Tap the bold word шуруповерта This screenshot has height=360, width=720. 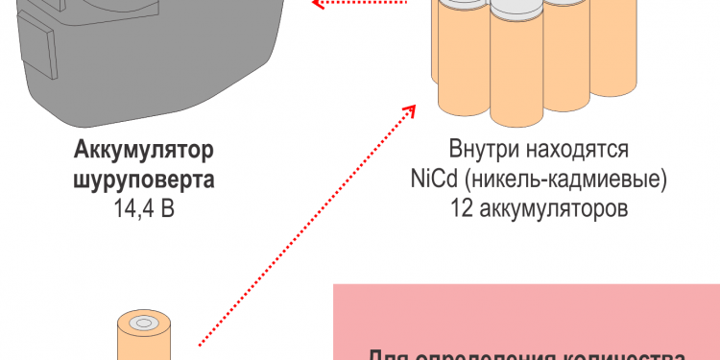[x=143, y=180]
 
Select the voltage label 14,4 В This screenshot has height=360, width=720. [x=143, y=207]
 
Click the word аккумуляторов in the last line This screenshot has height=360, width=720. [x=552, y=207]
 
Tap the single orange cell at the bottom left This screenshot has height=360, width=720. [x=144, y=341]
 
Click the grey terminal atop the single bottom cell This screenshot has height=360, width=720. [x=144, y=324]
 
